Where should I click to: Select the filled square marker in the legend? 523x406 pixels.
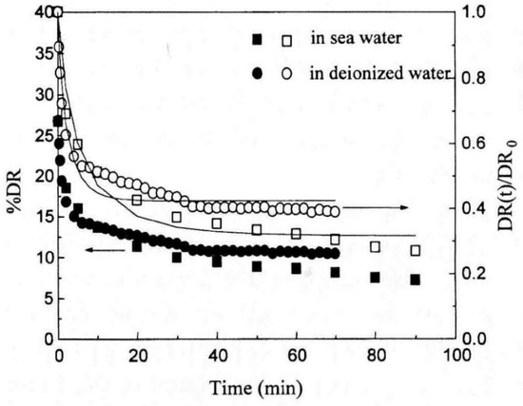coord(256,40)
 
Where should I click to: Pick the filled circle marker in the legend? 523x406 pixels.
coord(256,72)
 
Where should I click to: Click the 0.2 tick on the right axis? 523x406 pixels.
coord(480,274)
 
